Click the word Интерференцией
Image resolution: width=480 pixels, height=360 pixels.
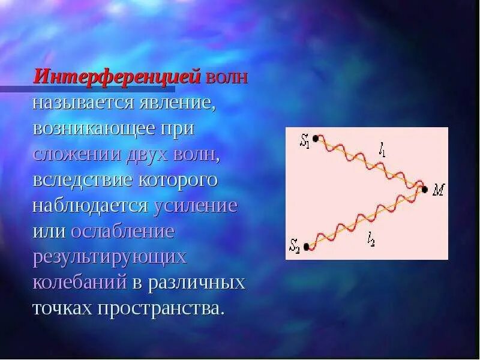coord(117,77)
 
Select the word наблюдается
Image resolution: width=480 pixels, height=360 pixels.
coord(90,206)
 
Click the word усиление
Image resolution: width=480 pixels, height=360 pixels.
coord(196,206)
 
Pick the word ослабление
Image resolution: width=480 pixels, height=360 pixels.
coord(122,232)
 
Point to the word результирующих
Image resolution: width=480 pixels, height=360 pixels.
coord(109,257)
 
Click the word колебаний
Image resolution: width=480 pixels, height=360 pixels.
coord(79,283)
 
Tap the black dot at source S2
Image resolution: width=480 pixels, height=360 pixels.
coord(306,246)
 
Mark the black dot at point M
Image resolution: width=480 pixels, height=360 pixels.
coord(425,190)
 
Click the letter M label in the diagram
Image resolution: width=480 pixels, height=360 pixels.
coord(438,190)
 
